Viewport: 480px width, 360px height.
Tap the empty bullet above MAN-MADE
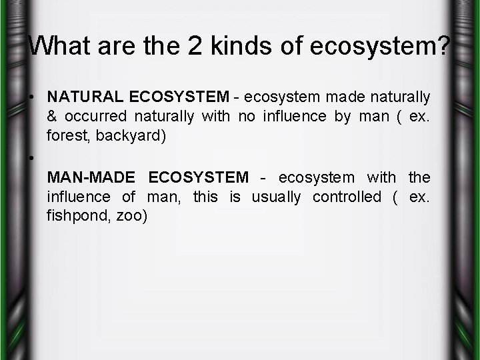click(x=32, y=159)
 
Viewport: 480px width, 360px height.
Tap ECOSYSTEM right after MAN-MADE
click(x=199, y=178)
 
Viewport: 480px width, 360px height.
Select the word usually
click(x=275, y=197)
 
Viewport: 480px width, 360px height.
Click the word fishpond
click(x=75, y=217)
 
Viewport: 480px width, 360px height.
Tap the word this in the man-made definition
click(x=205, y=197)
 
